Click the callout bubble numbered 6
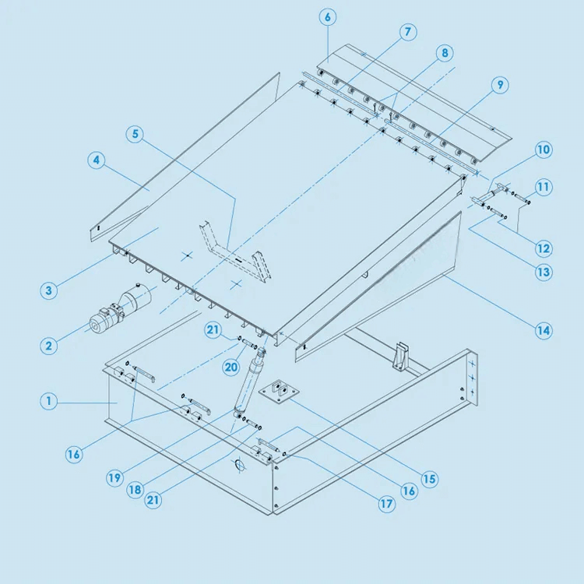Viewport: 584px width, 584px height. click(328, 17)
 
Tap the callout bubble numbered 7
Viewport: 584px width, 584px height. click(408, 32)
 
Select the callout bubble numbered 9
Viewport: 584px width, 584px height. click(500, 85)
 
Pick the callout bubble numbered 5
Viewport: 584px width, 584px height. click(135, 134)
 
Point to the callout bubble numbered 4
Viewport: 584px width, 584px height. click(97, 160)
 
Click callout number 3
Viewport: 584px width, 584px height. click(49, 290)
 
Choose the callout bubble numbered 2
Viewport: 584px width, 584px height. click(49, 346)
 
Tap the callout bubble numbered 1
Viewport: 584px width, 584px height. click(49, 401)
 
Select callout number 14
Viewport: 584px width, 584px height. click(544, 331)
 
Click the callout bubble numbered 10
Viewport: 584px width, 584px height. click(544, 150)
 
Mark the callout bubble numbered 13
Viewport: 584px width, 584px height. click(544, 273)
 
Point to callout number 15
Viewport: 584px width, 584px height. click(429, 479)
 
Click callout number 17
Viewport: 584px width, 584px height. click(387, 505)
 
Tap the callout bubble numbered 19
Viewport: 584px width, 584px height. click(114, 477)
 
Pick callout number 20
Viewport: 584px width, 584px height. click(231, 368)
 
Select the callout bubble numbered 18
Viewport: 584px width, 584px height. click(135, 490)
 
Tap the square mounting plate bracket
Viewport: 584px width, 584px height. click(279, 392)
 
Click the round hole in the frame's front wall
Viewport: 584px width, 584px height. click(240, 465)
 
